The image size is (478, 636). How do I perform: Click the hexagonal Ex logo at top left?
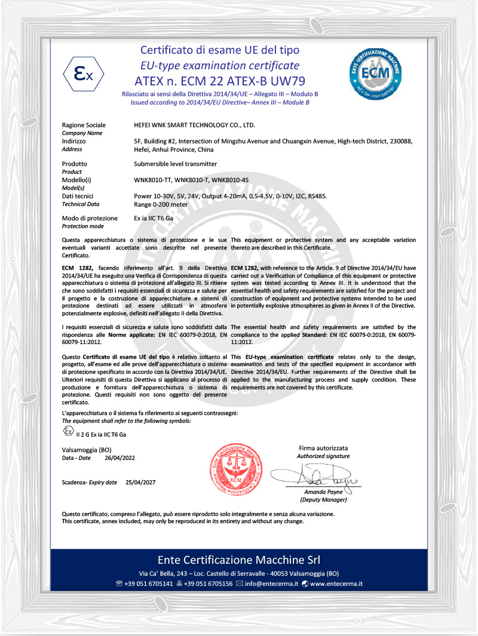tap(84, 75)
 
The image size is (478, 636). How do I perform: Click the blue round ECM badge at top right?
tap(375, 73)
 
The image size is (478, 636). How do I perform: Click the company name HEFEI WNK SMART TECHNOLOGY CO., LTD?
tap(195, 125)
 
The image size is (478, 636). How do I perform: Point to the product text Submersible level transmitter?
tap(175, 164)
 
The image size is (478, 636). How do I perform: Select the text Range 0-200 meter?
tap(161, 204)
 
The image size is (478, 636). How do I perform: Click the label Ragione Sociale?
tap(84, 125)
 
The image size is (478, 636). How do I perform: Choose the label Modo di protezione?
tap(90, 219)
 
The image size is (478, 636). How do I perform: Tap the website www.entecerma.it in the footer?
tap(336, 583)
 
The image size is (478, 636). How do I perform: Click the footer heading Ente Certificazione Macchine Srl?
tap(239, 560)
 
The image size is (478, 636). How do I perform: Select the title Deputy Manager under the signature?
tap(323, 499)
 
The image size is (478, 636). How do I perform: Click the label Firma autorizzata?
tap(323, 448)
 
